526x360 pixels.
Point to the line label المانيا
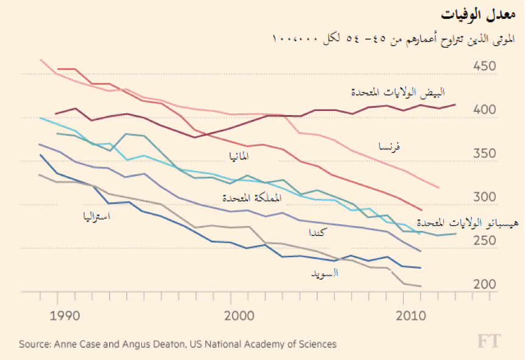pos(238,157)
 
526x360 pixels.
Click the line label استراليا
pos(97,216)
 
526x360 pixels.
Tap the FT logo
pos(489,341)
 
